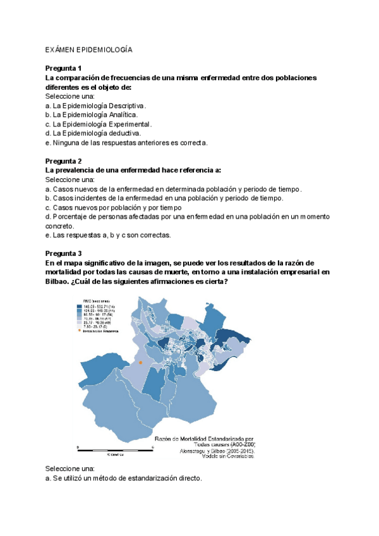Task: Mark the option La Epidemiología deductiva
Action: click(93, 133)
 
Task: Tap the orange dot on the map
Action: click(140, 362)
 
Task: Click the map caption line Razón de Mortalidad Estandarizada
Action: click(204, 438)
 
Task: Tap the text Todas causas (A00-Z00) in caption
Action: click(217, 445)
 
